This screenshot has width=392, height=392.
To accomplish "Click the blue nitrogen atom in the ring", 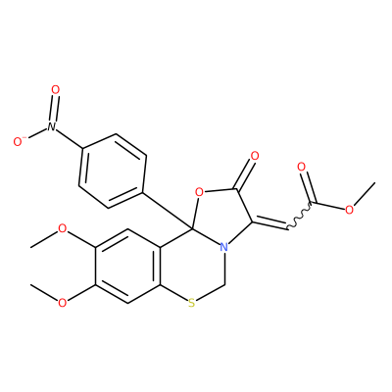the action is [x=223, y=247].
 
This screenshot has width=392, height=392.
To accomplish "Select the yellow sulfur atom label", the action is [x=192, y=304].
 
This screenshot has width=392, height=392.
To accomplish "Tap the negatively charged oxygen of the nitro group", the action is [x=19, y=141].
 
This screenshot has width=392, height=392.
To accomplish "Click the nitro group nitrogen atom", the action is [x=51, y=126].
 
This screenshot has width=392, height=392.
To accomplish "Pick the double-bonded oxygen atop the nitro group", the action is [x=56, y=89].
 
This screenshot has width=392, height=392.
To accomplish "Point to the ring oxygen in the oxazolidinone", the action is [x=199, y=193].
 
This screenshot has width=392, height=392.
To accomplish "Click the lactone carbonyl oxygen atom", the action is [x=254, y=156].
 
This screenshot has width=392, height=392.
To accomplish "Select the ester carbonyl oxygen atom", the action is [x=301, y=167].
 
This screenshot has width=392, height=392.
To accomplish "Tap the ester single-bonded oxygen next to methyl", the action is [x=349, y=210].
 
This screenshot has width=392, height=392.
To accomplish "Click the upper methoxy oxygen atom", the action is [x=62, y=228].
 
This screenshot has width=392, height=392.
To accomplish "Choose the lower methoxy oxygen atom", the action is [x=62, y=303].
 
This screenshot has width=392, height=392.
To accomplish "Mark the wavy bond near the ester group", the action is [x=298, y=216].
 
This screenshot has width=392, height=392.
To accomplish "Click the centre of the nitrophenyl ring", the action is [x=112, y=171].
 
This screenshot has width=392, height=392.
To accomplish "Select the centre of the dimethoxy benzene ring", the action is [x=127, y=266].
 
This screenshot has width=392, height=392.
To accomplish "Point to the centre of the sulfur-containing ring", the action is [x=192, y=266].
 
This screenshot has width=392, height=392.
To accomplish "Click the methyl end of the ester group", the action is [x=374, y=183].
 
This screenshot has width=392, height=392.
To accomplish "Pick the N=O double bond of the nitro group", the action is [x=54, y=108].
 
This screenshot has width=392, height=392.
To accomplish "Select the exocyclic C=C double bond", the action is [x=269, y=223].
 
